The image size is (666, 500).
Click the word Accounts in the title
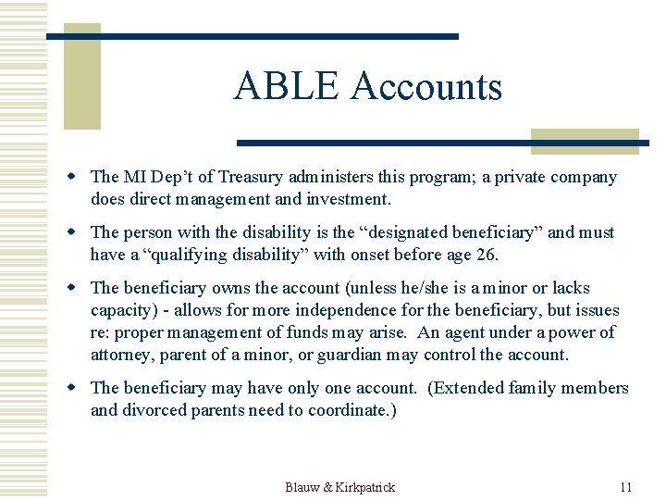pos(426,87)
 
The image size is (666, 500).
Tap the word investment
pos(348,199)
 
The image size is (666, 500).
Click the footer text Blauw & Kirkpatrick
pos(339,487)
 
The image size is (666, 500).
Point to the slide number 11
pos(625,487)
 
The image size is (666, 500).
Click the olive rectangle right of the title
pos(585,141)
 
